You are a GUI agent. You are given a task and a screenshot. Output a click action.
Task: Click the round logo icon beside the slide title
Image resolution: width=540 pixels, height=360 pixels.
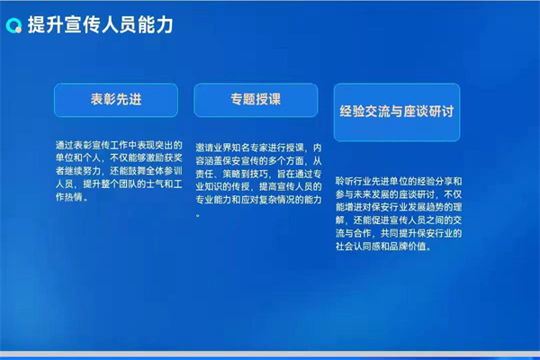point(14,24)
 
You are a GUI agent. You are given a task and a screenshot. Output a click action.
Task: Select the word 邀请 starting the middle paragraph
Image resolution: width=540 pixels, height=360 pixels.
point(204,148)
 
